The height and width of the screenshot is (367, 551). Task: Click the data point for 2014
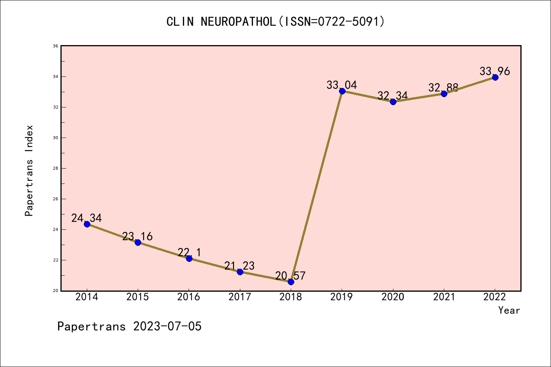pos(87,224)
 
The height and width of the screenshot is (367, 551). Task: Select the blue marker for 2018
pos(291,282)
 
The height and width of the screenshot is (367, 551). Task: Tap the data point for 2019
pos(342,91)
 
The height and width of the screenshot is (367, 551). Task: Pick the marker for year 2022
pos(495,77)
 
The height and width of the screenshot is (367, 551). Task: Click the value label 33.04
pos(342,85)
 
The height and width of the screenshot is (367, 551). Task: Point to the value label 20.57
pos(290,276)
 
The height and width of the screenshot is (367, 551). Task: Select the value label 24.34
pos(86,218)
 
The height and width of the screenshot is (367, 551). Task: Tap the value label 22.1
pos(189,252)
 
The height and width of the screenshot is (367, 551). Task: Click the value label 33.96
pos(495,71)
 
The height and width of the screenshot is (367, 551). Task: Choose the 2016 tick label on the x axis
pos(189,297)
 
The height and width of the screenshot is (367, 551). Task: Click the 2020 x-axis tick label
pos(393,297)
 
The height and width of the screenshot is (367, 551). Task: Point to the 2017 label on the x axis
pos(240,297)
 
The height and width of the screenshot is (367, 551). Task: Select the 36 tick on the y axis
pos(55,46)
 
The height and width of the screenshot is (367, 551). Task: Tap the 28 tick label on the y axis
pos(55,168)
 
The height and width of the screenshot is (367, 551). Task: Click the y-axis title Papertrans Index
pos(29,171)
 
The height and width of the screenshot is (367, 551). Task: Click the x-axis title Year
pos(509,310)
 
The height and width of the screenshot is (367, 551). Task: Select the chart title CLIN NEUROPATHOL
pos(275,21)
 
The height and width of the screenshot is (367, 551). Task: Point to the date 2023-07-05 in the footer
pos(167,326)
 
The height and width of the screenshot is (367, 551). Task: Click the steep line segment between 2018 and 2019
pos(316,187)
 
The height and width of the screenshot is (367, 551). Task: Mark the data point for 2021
pos(444,94)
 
